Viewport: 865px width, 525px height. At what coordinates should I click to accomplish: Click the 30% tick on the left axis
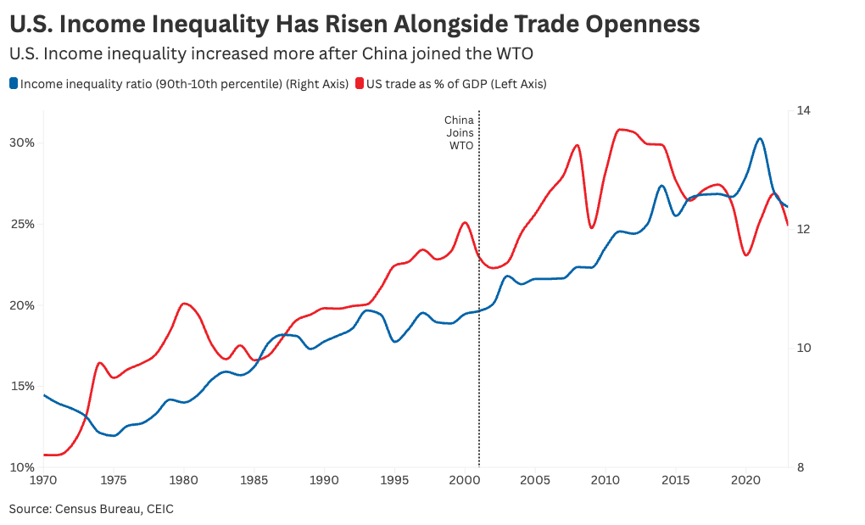click(22, 142)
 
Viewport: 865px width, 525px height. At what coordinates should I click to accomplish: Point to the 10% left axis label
click(22, 467)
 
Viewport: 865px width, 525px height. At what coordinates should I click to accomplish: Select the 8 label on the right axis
click(801, 467)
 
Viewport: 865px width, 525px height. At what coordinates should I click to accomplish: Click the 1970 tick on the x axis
click(44, 481)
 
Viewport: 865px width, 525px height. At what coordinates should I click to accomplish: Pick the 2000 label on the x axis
click(465, 481)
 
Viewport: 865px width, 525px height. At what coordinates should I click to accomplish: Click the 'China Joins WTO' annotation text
click(459, 133)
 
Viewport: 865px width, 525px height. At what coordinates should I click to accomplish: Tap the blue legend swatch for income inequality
click(13, 84)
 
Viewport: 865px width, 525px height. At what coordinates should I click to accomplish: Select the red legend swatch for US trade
click(360, 84)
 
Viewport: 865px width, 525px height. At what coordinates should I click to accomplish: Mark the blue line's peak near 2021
click(759, 138)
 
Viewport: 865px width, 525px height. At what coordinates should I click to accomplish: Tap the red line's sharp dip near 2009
click(592, 227)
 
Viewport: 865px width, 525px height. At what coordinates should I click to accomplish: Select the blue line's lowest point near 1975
click(113, 436)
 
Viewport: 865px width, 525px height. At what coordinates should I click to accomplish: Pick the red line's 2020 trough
click(745, 255)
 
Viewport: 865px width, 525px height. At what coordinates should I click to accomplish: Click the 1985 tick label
click(254, 481)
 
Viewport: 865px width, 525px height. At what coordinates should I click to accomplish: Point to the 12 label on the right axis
click(803, 229)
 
